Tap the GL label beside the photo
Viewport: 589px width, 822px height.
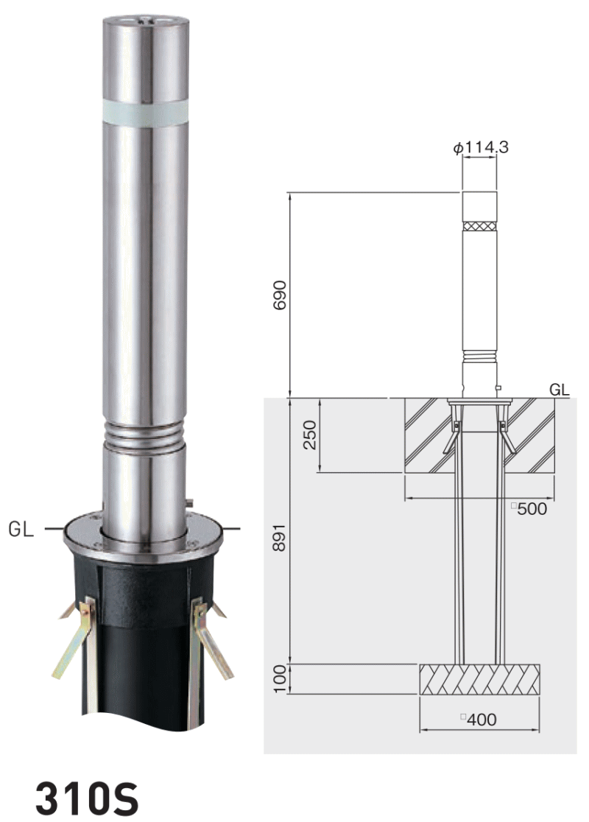coord(21,529)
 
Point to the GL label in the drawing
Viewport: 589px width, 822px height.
coord(559,390)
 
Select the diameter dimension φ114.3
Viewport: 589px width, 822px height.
coord(481,148)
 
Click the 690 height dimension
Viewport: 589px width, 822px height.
coord(280,295)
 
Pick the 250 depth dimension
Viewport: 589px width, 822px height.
coord(310,435)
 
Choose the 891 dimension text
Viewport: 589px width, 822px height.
coord(280,537)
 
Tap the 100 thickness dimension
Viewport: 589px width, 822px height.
coord(280,678)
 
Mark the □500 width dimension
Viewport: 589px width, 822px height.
coord(529,508)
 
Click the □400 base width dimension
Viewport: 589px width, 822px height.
coord(479,719)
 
